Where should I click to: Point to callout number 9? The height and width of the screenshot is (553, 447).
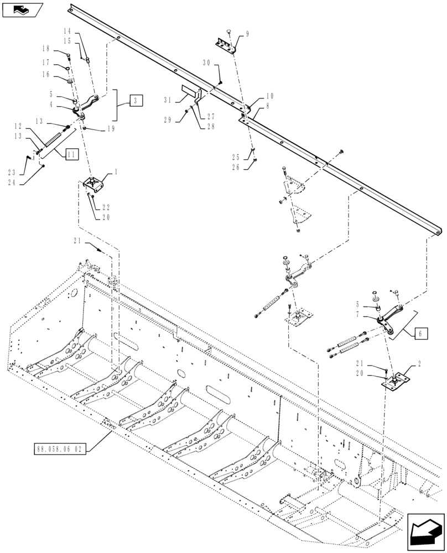pos(247,34)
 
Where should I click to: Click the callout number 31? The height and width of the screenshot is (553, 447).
pos(168,100)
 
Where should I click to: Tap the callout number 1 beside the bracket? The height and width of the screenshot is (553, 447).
pos(117,173)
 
